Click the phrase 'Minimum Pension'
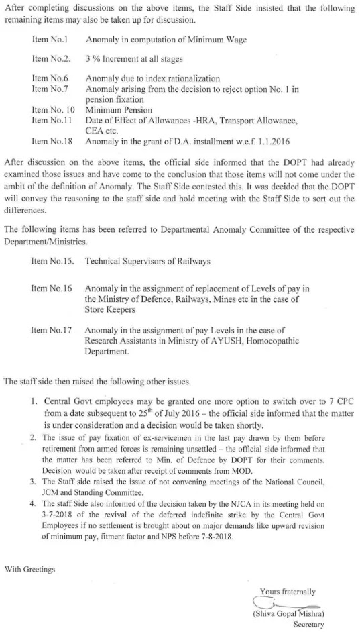(119, 109)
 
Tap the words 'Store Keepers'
(111, 311)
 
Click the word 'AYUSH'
(221, 341)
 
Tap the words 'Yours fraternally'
(290, 592)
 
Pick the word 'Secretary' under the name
(309, 625)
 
